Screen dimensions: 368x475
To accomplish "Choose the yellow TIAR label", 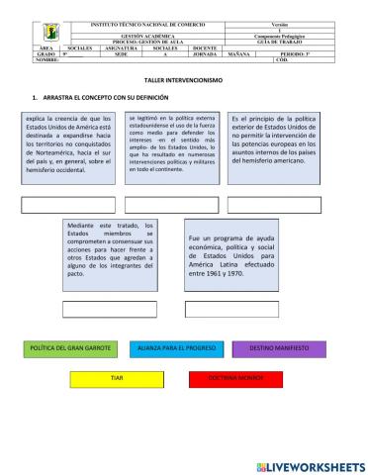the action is coord(117,378).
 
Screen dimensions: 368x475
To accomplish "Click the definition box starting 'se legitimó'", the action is coord(171,144).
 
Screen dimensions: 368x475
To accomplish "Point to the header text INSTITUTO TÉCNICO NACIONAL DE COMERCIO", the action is coord(157,22).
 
